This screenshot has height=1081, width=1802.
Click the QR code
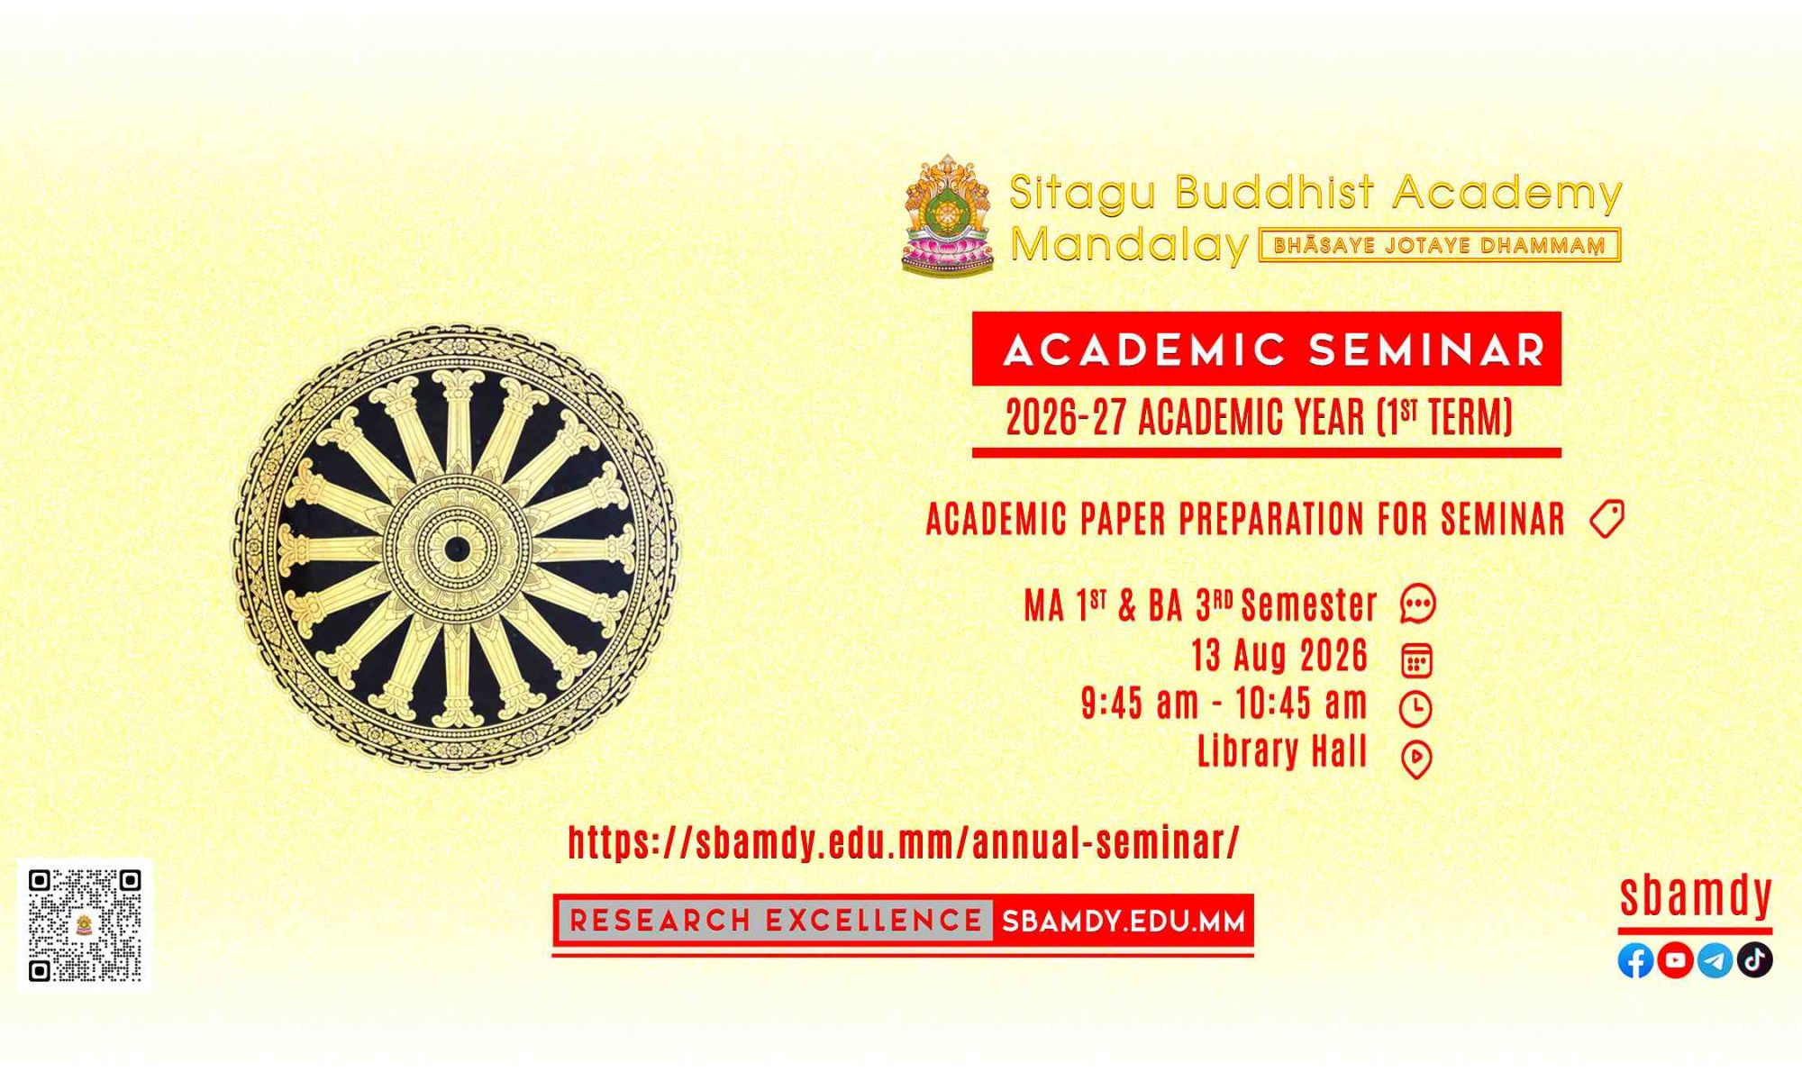coord(85,925)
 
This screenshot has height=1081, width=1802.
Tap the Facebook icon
coord(1635,960)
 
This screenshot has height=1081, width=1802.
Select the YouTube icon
coord(1675,960)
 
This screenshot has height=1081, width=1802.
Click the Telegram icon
coord(1715,960)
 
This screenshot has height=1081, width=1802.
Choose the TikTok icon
coord(1754,960)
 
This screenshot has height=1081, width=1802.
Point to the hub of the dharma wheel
coord(456,548)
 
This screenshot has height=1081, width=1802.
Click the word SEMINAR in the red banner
coord(1427,350)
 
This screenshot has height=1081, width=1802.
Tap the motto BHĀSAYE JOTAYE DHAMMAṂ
coord(1440,246)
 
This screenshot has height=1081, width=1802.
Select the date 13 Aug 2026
coord(1279,655)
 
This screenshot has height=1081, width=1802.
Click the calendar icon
coord(1417,660)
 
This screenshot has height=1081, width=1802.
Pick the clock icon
coord(1415,709)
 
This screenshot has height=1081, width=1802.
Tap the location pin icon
coord(1416,759)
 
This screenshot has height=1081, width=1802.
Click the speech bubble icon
coord(1417,604)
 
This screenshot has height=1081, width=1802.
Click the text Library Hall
coord(1282,750)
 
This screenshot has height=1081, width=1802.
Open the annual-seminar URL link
coord(904,842)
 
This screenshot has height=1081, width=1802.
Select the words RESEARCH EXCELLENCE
coord(776,921)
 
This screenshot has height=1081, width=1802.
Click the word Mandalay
coord(1130,244)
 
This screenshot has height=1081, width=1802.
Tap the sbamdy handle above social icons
coord(1696,895)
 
